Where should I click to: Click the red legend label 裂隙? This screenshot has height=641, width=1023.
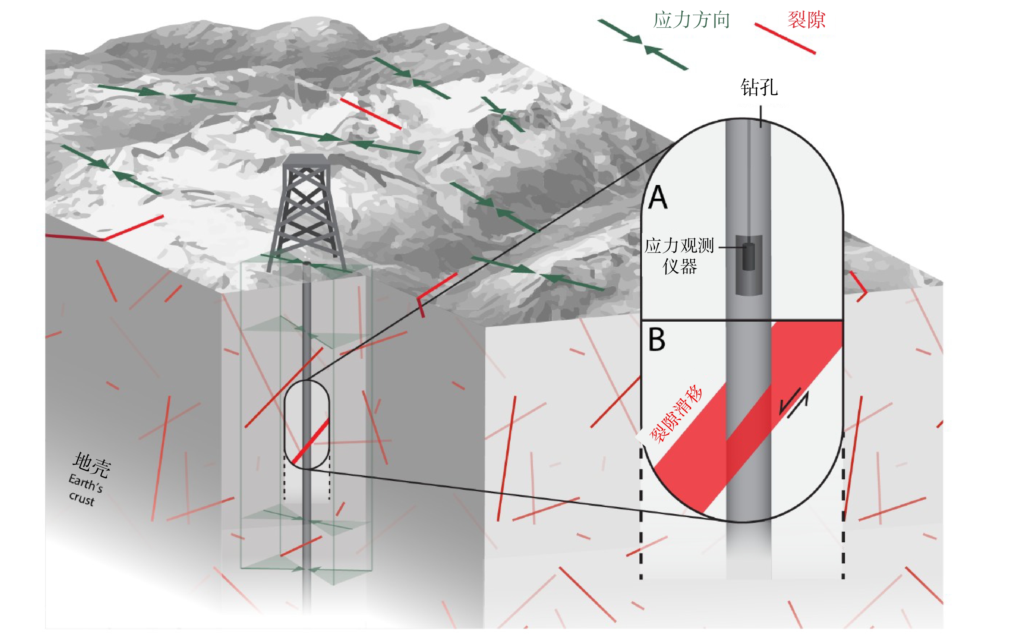[x=806, y=19]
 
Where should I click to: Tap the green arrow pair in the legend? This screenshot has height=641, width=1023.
[x=643, y=44]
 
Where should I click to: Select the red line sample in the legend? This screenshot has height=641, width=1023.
[x=785, y=39]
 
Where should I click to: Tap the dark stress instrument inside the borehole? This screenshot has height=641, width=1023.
[x=749, y=256]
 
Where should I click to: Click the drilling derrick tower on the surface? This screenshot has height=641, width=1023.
[x=306, y=212]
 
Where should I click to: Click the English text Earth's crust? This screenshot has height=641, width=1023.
[x=85, y=490]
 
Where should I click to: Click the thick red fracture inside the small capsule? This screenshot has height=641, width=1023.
[x=310, y=440]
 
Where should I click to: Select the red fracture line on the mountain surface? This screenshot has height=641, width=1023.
[x=371, y=114]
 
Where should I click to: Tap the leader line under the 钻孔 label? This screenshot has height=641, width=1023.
[x=761, y=116]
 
